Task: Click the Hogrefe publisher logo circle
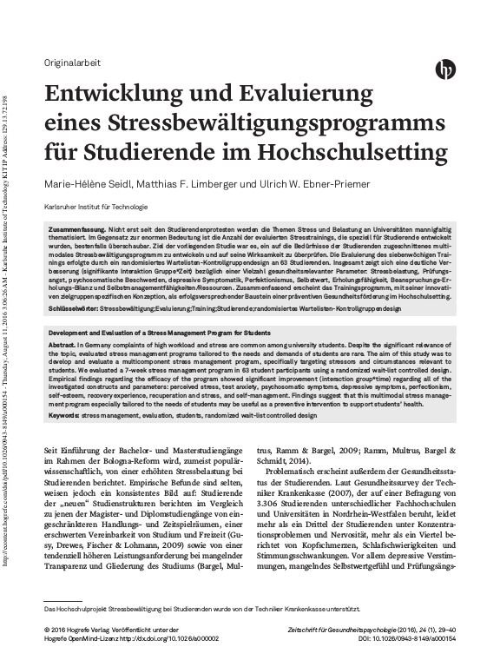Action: (448, 69)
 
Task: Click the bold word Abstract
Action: (62, 345)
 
